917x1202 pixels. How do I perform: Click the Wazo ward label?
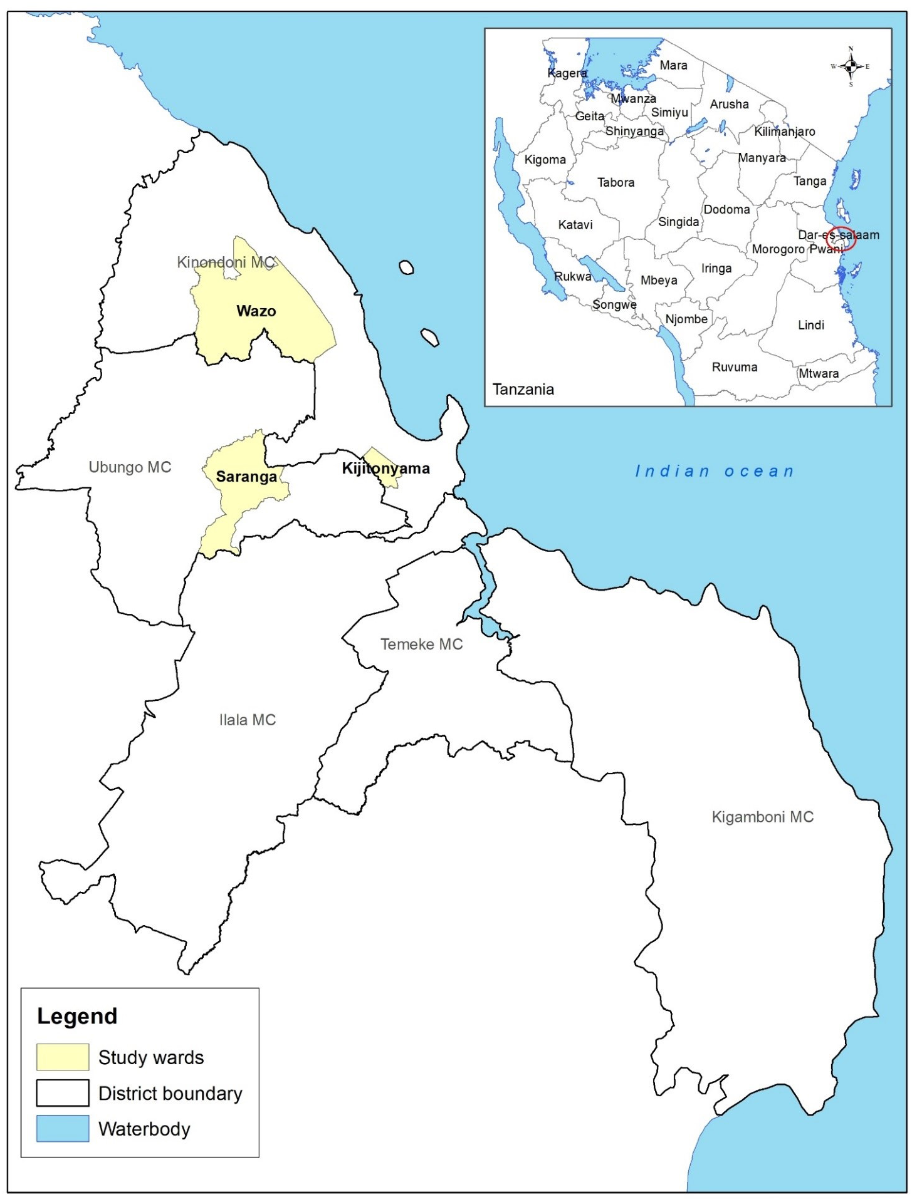tap(256, 311)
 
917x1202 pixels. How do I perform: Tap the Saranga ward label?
tap(246, 477)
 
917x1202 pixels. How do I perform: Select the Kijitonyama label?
tap(385, 469)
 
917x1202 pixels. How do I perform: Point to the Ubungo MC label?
tap(130, 467)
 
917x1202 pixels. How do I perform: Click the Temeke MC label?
tap(421, 644)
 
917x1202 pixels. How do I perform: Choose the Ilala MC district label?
tap(248, 720)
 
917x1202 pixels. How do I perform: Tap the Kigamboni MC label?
tap(762, 817)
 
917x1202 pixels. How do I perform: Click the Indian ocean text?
tap(715, 471)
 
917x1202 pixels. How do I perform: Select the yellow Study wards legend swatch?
tap(62, 1057)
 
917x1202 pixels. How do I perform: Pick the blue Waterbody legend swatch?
tap(62, 1129)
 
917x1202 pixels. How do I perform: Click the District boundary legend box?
tap(62, 1093)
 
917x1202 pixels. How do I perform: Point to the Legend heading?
tap(77, 1016)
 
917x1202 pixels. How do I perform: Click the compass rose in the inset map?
tap(851, 66)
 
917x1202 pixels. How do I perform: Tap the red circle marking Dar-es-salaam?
tap(841, 239)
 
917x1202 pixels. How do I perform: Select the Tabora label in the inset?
tap(616, 182)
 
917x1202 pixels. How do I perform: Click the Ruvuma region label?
tap(734, 367)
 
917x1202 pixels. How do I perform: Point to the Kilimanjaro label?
tap(784, 132)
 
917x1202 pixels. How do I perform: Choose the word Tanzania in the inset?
tap(523, 390)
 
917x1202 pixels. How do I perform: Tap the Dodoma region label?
tap(726, 209)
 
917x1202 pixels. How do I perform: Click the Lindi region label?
tap(810, 325)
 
